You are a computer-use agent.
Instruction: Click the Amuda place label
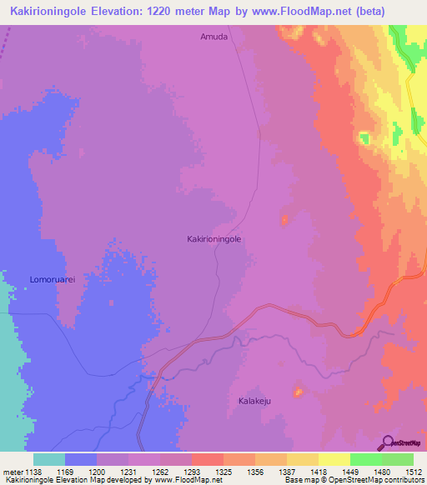(213, 37)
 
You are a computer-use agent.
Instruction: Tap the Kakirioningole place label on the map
(213, 238)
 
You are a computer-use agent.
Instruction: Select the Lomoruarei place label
(53, 279)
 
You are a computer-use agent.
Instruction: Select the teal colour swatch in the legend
(49, 459)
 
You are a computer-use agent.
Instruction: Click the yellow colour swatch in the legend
(334, 459)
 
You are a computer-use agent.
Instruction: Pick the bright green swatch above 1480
(366, 459)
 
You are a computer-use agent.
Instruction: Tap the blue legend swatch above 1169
(81, 459)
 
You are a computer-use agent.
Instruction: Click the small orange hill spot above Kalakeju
(297, 390)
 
